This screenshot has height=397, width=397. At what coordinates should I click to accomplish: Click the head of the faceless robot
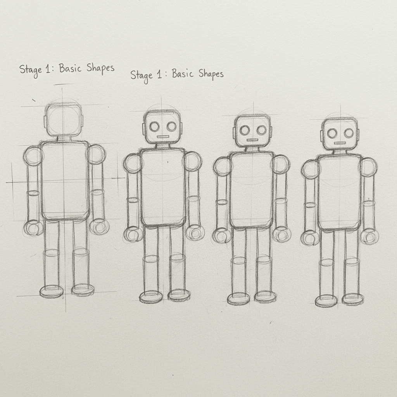pos(64,119)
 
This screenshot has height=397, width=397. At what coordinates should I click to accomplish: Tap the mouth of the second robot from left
pos(162,137)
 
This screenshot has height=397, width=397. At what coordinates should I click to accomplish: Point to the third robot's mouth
pos(252,140)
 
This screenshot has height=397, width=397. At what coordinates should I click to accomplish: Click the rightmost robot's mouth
pos(340,143)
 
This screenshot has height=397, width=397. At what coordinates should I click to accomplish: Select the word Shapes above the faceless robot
pos(100,68)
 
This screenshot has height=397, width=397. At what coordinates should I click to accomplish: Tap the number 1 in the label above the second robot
pos(159,74)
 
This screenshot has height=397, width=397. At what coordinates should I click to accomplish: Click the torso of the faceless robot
pos(64,181)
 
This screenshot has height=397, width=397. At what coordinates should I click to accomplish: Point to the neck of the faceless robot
pos(63,138)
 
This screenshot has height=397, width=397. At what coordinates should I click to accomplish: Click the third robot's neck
pos(252,149)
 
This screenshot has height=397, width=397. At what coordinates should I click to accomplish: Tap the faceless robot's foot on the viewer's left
pos(52,291)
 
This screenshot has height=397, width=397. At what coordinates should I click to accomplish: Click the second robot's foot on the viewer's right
pos(179,295)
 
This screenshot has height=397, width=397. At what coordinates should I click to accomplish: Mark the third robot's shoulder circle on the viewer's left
pos(222,166)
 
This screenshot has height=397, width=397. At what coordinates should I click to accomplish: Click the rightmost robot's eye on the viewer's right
pos(349,133)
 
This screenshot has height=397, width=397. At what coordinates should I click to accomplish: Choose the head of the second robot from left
pos(162,127)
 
